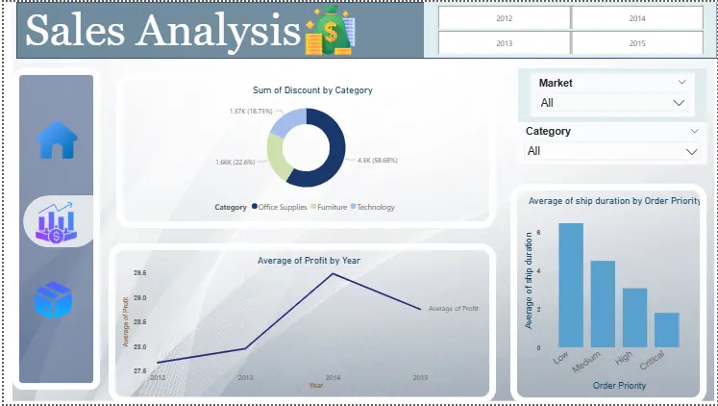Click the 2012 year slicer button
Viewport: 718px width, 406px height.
pyautogui.click(x=504, y=18)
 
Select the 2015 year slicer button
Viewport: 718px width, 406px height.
pyautogui.click(x=637, y=43)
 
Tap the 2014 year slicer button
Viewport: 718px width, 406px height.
pyautogui.click(x=637, y=18)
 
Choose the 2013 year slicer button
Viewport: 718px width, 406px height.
pyautogui.click(x=504, y=43)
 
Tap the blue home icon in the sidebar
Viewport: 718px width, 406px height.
pyautogui.click(x=57, y=140)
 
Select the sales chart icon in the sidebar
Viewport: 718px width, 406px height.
pyautogui.click(x=57, y=221)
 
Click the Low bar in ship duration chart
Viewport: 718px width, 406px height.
pyautogui.click(x=571, y=285)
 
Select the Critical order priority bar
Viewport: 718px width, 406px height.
pyautogui.click(x=666, y=329)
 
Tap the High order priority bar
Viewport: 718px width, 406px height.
pyautogui.click(x=634, y=317)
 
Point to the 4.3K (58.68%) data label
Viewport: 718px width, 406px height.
pyautogui.click(x=377, y=160)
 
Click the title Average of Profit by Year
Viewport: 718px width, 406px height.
pyautogui.click(x=309, y=260)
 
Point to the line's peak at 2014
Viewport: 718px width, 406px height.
pyautogui.click(x=333, y=274)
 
